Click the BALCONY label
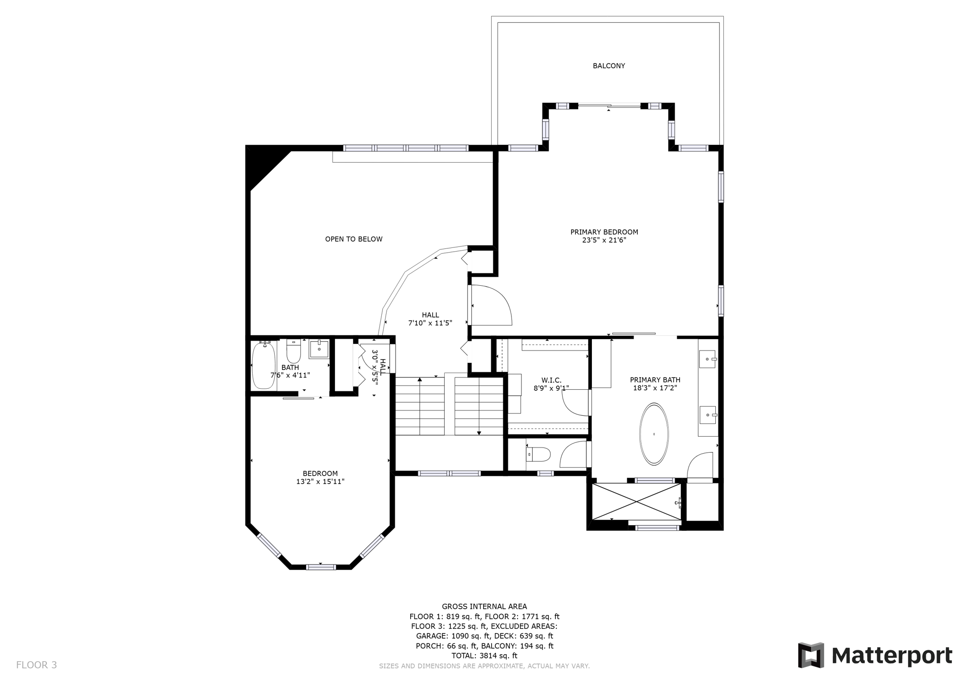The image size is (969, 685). click(608, 66)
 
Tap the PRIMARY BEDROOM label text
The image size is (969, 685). click(604, 232)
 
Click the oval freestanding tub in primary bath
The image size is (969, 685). click(654, 434)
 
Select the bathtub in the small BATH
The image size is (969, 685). click(264, 365)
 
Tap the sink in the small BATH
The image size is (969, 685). click(319, 350)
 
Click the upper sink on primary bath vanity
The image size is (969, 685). click(708, 359)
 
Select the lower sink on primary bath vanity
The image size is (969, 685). click(708, 415)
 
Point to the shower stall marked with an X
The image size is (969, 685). click(636, 501)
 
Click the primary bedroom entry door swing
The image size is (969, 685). click(491, 306)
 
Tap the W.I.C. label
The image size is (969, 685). click(551, 380)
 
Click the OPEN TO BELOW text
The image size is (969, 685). click(353, 239)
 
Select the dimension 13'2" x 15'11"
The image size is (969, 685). click(320, 482)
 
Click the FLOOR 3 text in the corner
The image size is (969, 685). click(36, 665)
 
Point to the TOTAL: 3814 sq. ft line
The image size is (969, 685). click(484, 656)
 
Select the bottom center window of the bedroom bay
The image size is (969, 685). click(321, 567)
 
